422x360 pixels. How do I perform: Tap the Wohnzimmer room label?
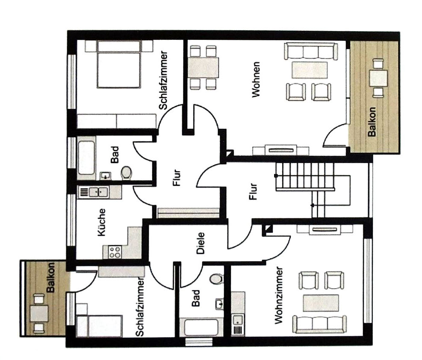point(280,295)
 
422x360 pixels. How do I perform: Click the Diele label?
point(201,243)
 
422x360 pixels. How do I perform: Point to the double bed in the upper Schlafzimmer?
point(119,64)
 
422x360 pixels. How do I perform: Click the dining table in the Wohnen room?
point(203,68)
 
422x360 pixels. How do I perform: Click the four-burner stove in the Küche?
point(114,252)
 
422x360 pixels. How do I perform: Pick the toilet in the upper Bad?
point(127,173)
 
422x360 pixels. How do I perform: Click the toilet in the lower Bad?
point(216,278)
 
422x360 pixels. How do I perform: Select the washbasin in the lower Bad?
point(219,303)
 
